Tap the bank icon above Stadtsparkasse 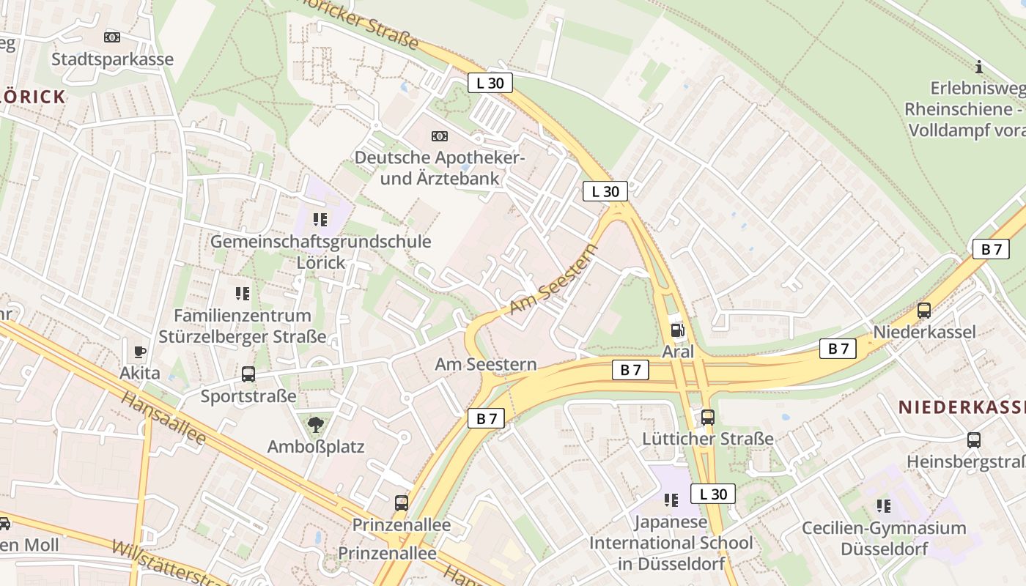point(112,37)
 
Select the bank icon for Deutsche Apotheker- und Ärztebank point(440,136)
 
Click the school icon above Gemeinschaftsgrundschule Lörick point(320,219)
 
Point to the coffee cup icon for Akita point(140,352)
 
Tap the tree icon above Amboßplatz point(316,424)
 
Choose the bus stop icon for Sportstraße point(248,374)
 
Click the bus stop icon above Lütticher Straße point(708,418)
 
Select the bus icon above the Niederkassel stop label point(924,311)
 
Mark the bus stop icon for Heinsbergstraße point(974,440)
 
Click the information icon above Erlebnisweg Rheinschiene point(978,67)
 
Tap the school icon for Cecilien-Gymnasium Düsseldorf point(884,505)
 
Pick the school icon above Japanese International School point(671,500)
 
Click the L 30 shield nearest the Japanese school point(712,494)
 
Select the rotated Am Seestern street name point(553,280)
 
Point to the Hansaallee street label point(163,418)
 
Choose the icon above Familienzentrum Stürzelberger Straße point(243,294)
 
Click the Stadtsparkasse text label point(112,59)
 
